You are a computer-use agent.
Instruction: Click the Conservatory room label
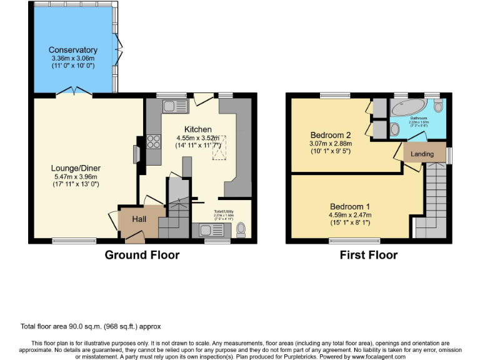click(73, 50)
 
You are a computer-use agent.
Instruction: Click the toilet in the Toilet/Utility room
click(241, 231)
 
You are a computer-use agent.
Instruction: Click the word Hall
click(139, 219)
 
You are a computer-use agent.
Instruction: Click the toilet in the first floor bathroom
click(438, 106)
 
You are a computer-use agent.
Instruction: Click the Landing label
click(422, 154)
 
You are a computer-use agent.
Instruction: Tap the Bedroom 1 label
click(350, 207)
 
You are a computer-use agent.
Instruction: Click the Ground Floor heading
click(142, 255)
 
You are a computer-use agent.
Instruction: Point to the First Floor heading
click(369, 255)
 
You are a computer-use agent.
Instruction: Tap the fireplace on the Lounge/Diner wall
click(136, 154)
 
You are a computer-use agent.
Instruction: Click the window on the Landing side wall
click(449, 154)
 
